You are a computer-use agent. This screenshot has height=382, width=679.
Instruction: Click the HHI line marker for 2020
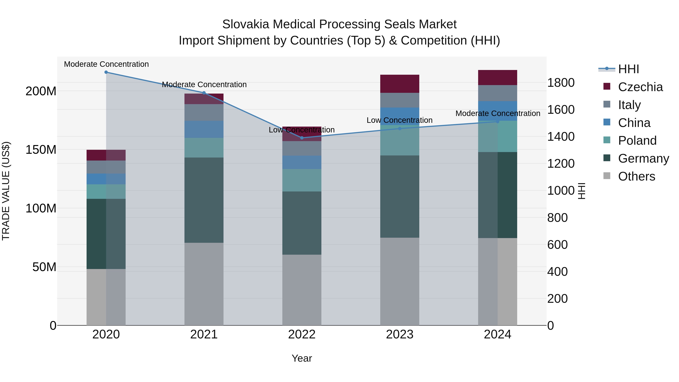[106, 72]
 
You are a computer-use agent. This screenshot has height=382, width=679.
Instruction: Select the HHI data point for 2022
[302, 138]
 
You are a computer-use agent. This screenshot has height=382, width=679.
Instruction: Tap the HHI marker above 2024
[498, 121]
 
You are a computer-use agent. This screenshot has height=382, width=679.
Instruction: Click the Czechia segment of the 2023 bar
[400, 84]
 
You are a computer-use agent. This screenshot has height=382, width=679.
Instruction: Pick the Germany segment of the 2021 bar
[204, 200]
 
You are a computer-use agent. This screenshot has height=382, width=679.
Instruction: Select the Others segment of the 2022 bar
[302, 290]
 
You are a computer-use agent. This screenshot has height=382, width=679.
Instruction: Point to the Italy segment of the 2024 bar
[498, 93]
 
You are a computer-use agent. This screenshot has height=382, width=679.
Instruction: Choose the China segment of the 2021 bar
[204, 129]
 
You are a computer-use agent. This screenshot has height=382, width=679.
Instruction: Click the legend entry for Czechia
[640, 87]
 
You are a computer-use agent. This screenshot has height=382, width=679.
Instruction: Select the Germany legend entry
[643, 158]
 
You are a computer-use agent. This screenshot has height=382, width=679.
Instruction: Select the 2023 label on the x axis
[400, 334]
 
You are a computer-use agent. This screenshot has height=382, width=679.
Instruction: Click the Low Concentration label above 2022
[302, 130]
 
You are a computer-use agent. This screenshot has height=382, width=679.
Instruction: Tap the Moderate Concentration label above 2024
[498, 113]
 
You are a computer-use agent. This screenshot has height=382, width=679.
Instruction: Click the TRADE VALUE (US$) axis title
[6, 191]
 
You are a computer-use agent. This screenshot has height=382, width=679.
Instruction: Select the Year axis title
[302, 358]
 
